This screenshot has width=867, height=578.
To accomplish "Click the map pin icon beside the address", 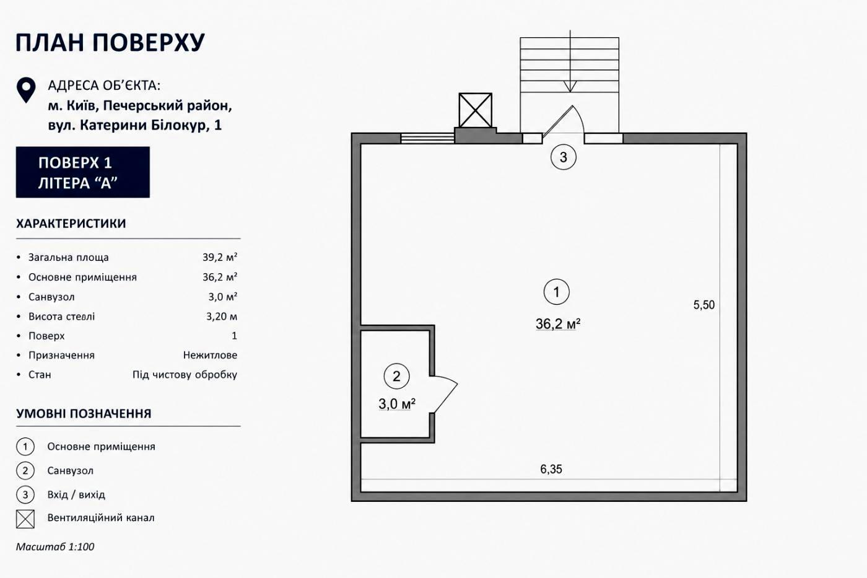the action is tap(26, 90).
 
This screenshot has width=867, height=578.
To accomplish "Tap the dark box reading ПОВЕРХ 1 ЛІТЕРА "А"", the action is tap(83, 172).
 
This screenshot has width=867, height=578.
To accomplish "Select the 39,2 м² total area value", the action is tap(220, 258).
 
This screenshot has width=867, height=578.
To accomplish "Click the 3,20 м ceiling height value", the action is tap(222, 317).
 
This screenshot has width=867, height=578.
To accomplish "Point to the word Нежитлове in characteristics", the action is tap(210, 355).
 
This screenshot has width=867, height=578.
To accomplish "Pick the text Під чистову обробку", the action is tap(185, 375).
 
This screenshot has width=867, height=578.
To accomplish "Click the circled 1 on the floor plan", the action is tap(556, 292).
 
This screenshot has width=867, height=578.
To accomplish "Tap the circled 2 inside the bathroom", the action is tap(396, 376).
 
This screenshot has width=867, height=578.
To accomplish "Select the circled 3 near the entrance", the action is tap(563, 157).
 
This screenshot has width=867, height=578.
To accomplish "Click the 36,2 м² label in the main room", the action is tap(558, 323).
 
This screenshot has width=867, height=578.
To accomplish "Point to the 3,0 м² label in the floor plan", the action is tap(397, 404).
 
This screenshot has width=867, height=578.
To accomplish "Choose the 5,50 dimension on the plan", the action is tap(704, 305).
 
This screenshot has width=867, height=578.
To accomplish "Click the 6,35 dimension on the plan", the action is tap(551, 469).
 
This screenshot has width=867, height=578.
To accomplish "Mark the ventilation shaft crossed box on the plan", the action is tap(476, 110).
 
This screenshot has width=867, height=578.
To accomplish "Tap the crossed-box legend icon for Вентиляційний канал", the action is tap(25, 519).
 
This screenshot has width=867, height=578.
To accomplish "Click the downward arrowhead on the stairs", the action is tap(570, 86).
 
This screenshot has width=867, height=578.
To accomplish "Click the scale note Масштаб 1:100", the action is tap(55, 546).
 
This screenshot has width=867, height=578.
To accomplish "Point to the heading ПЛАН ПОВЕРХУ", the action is tap(110, 43).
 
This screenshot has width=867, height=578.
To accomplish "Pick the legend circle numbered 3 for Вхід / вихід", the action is tap(25, 495).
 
